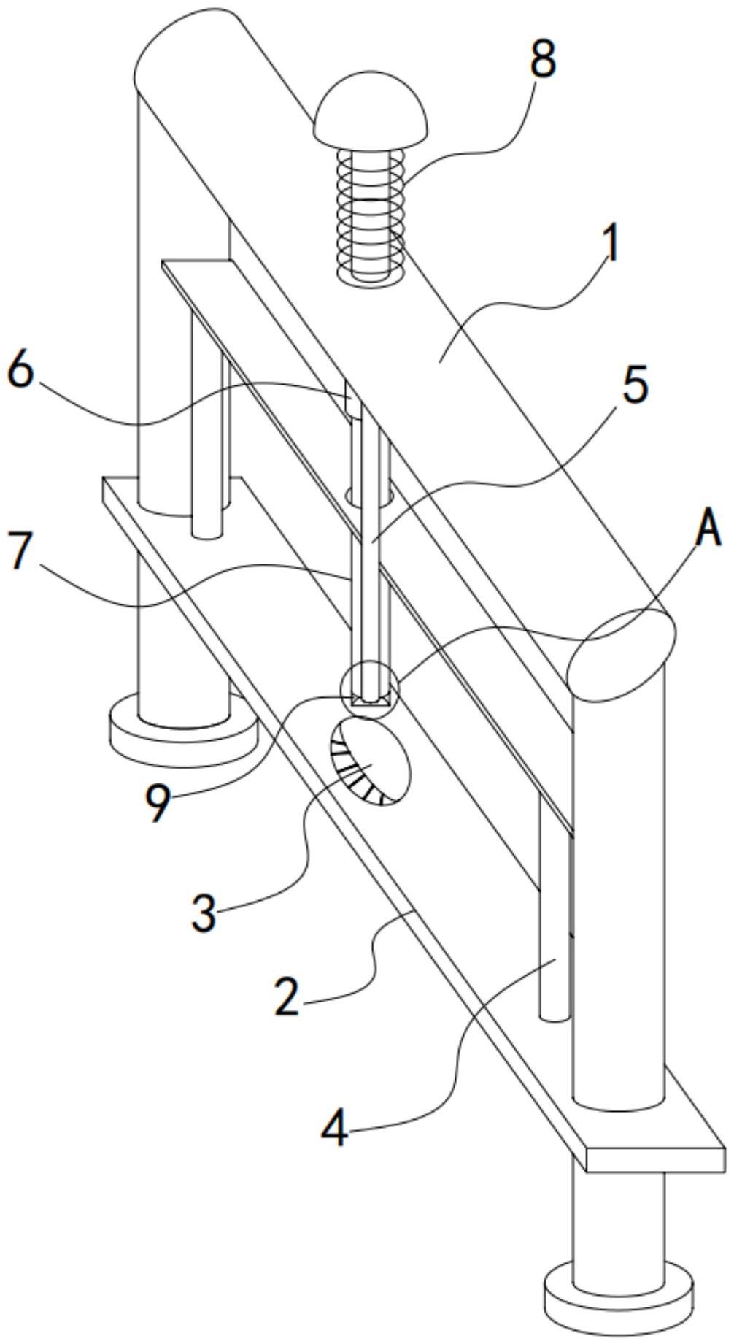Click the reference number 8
(x=543, y=59)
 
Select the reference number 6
(x=20, y=373)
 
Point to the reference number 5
(x=636, y=385)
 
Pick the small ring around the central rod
(x=370, y=496)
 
